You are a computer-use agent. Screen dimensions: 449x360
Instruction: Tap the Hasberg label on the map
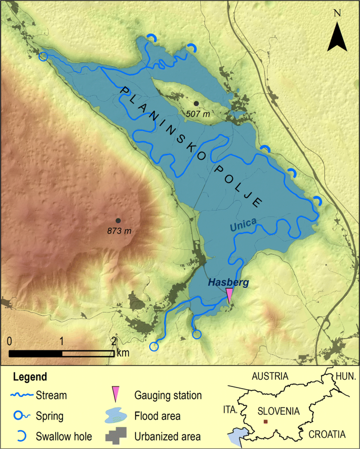pyautogui.click(x=228, y=283)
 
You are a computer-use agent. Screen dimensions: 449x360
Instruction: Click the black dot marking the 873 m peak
pyautogui.click(x=118, y=221)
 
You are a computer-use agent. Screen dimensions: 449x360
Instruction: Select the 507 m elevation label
pyautogui.click(x=197, y=113)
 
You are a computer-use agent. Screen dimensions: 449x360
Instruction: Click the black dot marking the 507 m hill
pyautogui.click(x=196, y=103)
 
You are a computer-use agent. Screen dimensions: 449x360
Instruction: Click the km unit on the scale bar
pyautogui.click(x=122, y=353)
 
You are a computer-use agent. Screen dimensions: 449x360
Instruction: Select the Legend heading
pyautogui.click(x=30, y=377)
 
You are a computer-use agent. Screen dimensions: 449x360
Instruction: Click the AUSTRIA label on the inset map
pyautogui.click(x=270, y=376)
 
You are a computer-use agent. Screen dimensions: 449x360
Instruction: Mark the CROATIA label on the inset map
pyautogui.click(x=327, y=434)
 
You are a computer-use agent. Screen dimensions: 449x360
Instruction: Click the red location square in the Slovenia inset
pyautogui.click(x=265, y=422)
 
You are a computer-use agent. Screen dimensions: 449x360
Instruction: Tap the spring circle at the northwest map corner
pyautogui.click(x=43, y=56)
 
